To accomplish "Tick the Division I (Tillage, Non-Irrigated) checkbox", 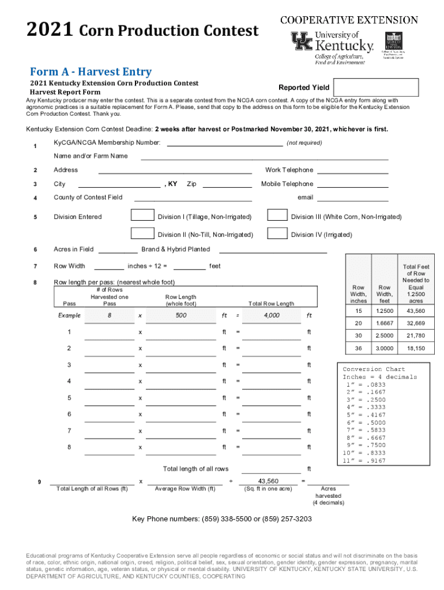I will pyautogui.click(x=142, y=215).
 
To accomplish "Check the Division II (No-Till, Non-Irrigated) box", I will pyautogui.click(x=142, y=233).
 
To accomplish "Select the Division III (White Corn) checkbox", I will pyautogui.click(x=277, y=215).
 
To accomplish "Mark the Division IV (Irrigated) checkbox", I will pyautogui.click(x=277, y=233).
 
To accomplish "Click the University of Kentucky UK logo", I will pyautogui.click(x=301, y=42).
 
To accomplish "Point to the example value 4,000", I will pyautogui.click(x=271, y=316).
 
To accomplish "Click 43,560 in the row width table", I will pyautogui.click(x=416, y=311).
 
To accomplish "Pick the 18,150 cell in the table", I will pyautogui.click(x=416, y=349).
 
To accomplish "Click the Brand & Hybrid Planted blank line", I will pyautogui.click(x=273, y=251).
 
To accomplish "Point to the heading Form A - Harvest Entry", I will pyautogui.click(x=91, y=72).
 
